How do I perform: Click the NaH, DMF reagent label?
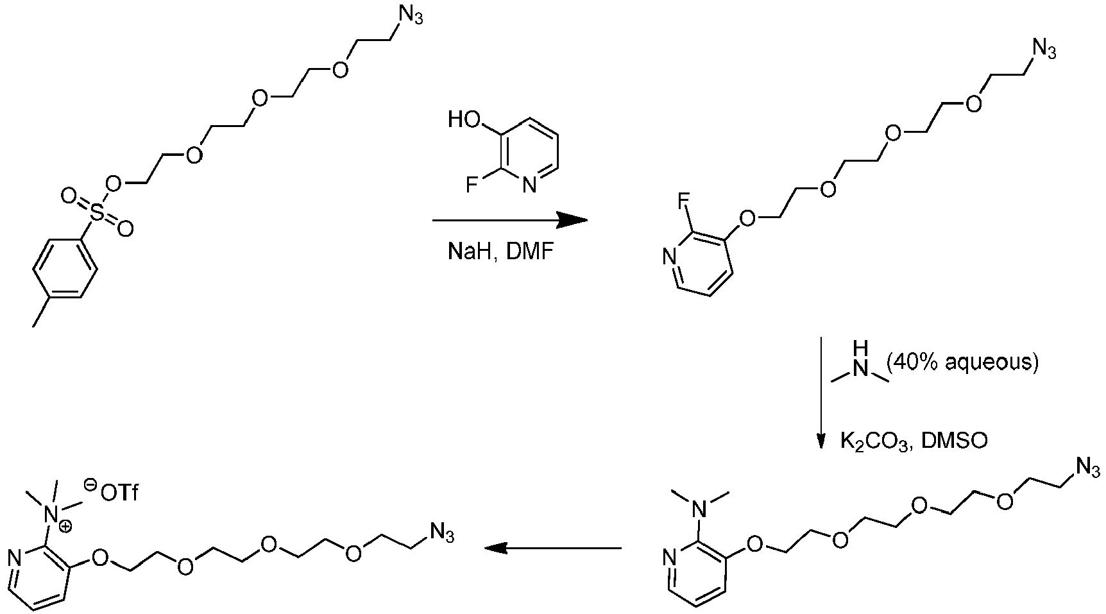[500, 252]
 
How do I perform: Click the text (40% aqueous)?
[962, 362]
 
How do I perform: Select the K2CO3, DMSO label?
[914, 442]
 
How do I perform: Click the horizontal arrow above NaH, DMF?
[510, 221]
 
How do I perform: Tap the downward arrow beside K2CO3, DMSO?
[821, 393]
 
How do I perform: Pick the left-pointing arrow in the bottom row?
[552, 549]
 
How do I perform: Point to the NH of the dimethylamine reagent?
[860, 359]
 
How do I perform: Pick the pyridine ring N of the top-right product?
[668, 257]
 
